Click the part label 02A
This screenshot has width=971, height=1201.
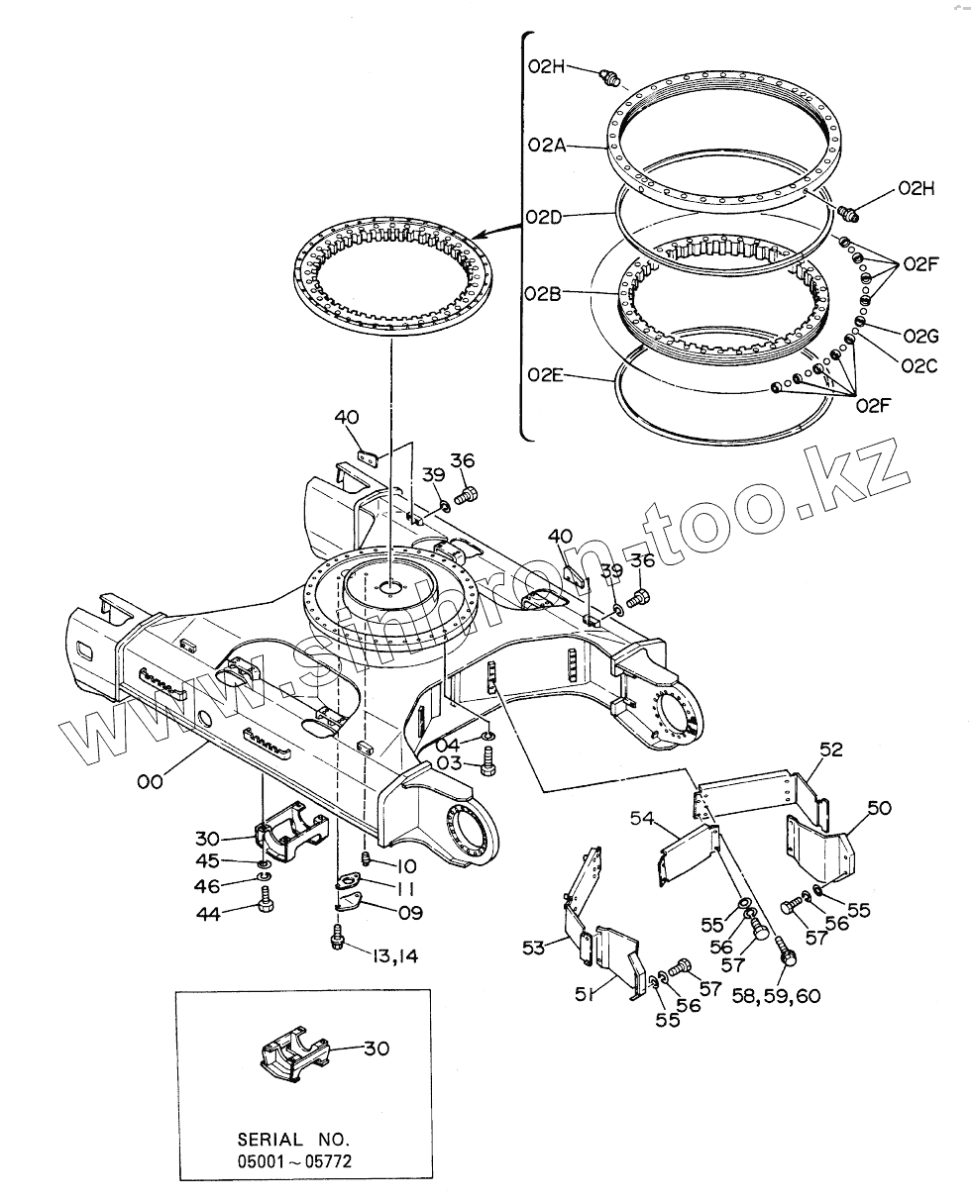tap(545, 146)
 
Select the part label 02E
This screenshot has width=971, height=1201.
tap(545, 374)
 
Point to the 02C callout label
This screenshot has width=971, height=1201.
tap(917, 365)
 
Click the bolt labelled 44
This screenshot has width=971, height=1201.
tap(265, 899)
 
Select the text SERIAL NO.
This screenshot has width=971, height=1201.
tap(293, 1139)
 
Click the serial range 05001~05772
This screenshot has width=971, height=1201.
tap(293, 1159)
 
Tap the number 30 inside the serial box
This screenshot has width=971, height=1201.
tap(377, 1049)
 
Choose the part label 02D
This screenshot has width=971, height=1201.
tap(545, 217)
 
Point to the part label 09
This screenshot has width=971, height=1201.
tap(409, 913)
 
